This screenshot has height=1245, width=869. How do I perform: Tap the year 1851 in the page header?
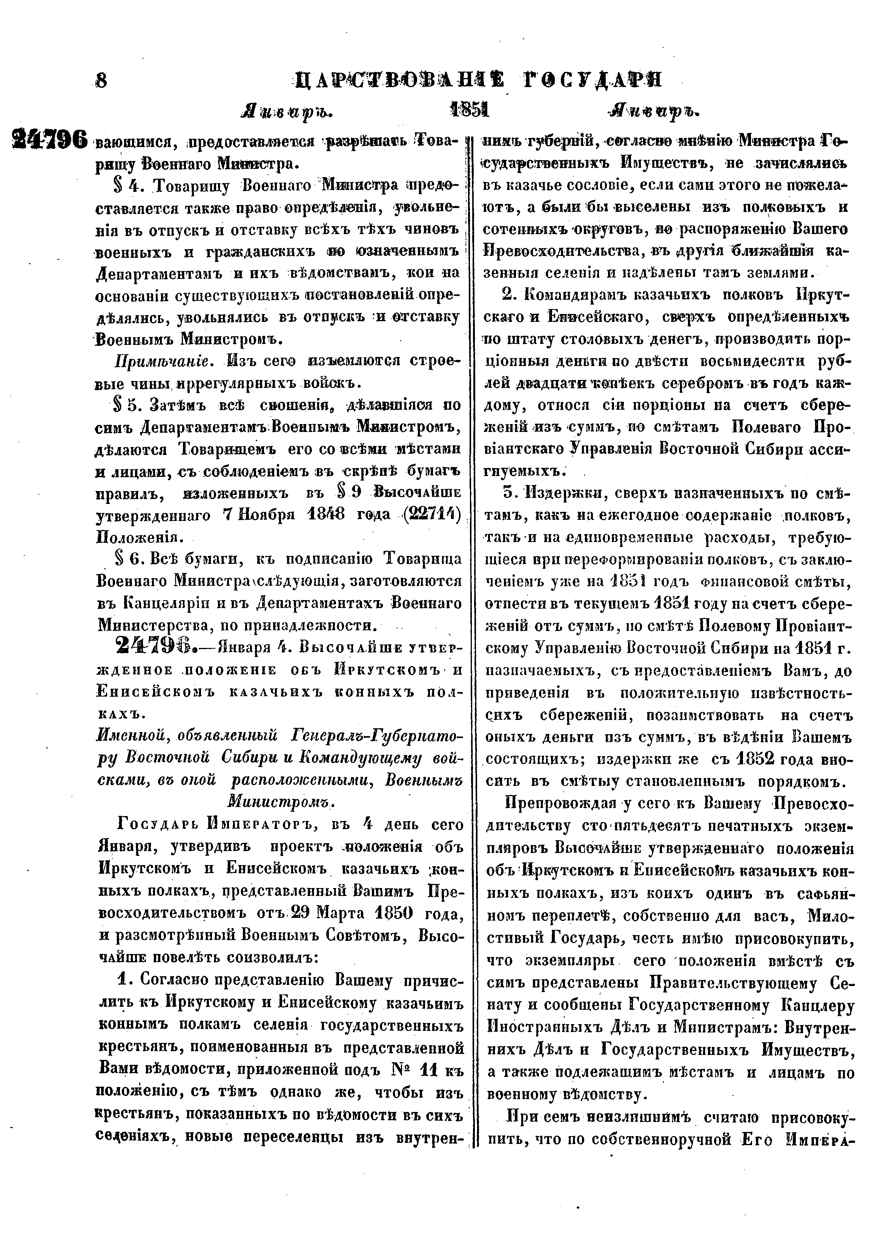pyautogui.click(x=470, y=110)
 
